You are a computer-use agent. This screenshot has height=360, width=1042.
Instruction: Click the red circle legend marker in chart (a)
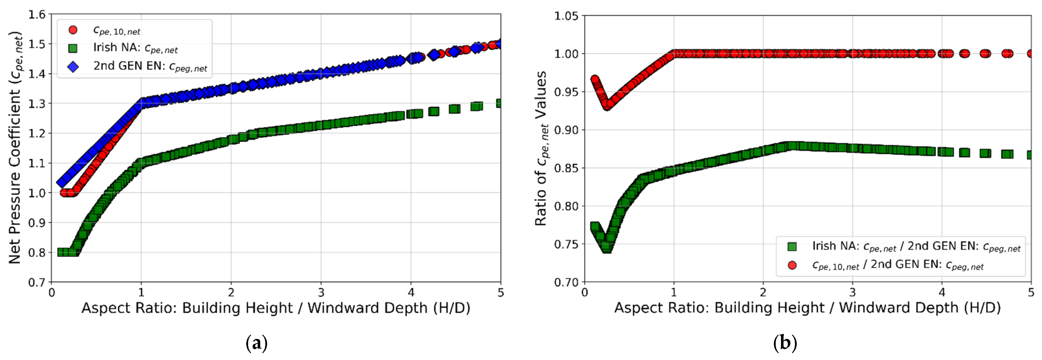click(73, 30)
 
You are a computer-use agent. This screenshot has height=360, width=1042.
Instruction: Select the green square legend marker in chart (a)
click(73, 48)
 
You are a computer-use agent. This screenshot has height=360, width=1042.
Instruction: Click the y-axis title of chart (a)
click(15, 148)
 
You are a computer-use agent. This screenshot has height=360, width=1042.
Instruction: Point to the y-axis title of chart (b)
click(541, 148)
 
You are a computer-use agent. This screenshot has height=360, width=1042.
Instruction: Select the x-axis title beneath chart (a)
click(276, 308)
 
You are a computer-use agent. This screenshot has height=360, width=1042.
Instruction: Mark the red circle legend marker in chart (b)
click(792, 265)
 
